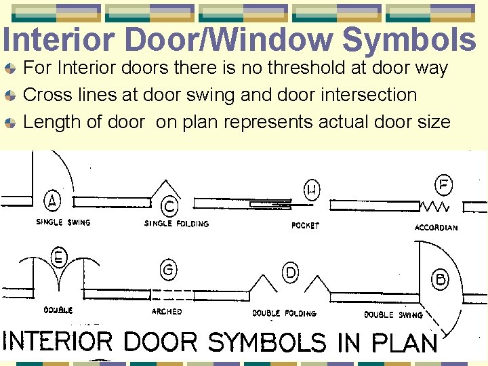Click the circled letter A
pyautogui.click(x=53, y=201)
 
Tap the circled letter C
pyautogui.click(x=169, y=206)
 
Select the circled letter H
pyautogui.click(x=312, y=189)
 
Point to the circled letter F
pyautogui.click(x=444, y=184)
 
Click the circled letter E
pyautogui.click(x=59, y=258)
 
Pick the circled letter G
pyautogui.click(x=168, y=270)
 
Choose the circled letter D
pyautogui.click(x=291, y=273)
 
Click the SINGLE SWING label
pyautogui.click(x=63, y=222)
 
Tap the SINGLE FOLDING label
pyautogui.click(x=176, y=224)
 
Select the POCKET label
pyautogui.click(x=305, y=226)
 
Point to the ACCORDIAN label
pyautogui.click(x=436, y=228)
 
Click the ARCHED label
pyautogui.click(x=167, y=312)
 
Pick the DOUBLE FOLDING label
pyautogui.click(x=284, y=314)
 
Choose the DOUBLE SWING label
pyautogui.click(x=393, y=314)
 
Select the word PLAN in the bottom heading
pyautogui.click(x=405, y=342)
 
